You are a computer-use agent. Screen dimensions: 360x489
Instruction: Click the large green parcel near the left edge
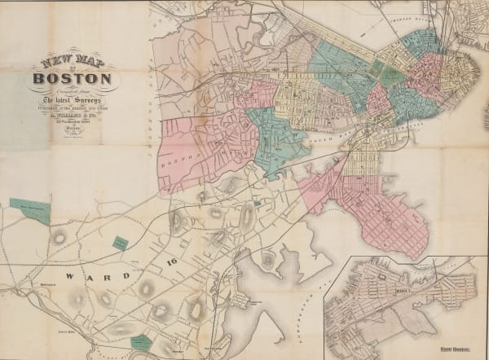30,209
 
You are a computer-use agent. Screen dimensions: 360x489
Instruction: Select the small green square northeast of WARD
120,243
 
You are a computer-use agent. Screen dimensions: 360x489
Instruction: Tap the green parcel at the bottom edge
141,343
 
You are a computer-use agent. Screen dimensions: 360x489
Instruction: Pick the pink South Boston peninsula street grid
391,212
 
